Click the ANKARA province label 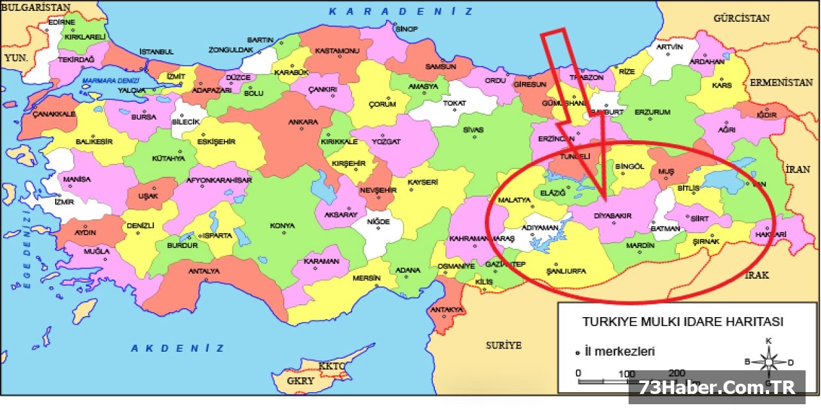(303, 122)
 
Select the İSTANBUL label (157, 51)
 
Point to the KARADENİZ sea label (402, 12)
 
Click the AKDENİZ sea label (178, 348)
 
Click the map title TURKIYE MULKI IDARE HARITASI (682, 322)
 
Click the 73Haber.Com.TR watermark (716, 388)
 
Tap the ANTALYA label (204, 271)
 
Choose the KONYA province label (282, 225)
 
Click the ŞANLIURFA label (566, 271)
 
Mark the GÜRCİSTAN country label (741, 18)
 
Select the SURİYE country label (504, 345)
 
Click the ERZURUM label (652, 112)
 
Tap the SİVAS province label (473, 130)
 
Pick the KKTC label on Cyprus (332, 366)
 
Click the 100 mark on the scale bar (627, 373)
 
